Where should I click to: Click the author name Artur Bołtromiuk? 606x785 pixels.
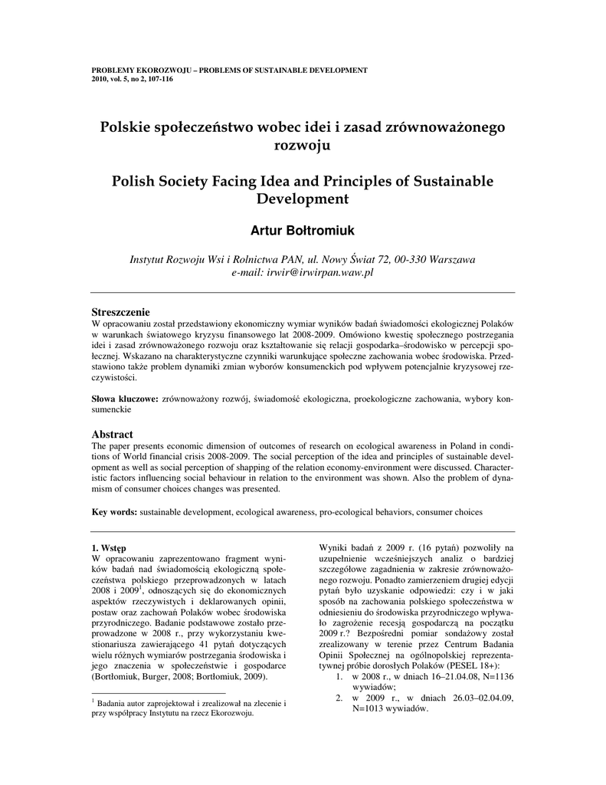tap(303, 231)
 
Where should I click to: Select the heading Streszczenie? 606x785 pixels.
tap(120, 311)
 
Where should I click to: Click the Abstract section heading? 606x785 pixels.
tap(113, 434)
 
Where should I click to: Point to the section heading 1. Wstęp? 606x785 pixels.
tap(109, 547)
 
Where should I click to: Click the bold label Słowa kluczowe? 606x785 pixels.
tap(126, 399)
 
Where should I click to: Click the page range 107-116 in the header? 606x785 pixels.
tap(158, 79)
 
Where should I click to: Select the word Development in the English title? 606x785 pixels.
tap(302, 199)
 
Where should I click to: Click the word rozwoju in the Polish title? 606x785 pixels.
tap(303, 144)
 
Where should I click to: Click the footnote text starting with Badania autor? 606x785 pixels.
tap(188, 703)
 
